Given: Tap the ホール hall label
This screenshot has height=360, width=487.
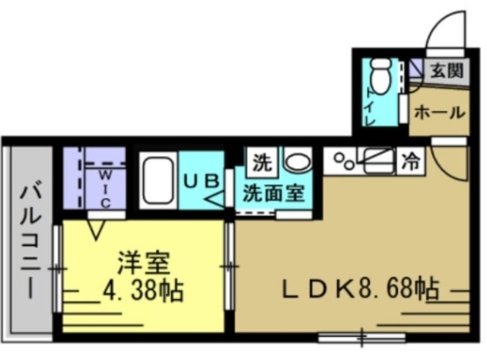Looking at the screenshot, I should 439,113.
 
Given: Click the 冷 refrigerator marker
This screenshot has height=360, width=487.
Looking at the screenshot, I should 411,161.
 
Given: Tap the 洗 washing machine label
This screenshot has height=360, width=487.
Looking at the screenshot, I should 263,162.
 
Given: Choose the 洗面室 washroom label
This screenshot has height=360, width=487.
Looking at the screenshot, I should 273,193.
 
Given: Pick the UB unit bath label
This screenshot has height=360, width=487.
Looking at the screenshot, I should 202,181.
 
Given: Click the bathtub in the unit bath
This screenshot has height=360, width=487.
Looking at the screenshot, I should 158,182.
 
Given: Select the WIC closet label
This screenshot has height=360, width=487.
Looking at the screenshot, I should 106,188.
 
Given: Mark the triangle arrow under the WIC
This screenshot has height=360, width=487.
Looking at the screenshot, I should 96,228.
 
